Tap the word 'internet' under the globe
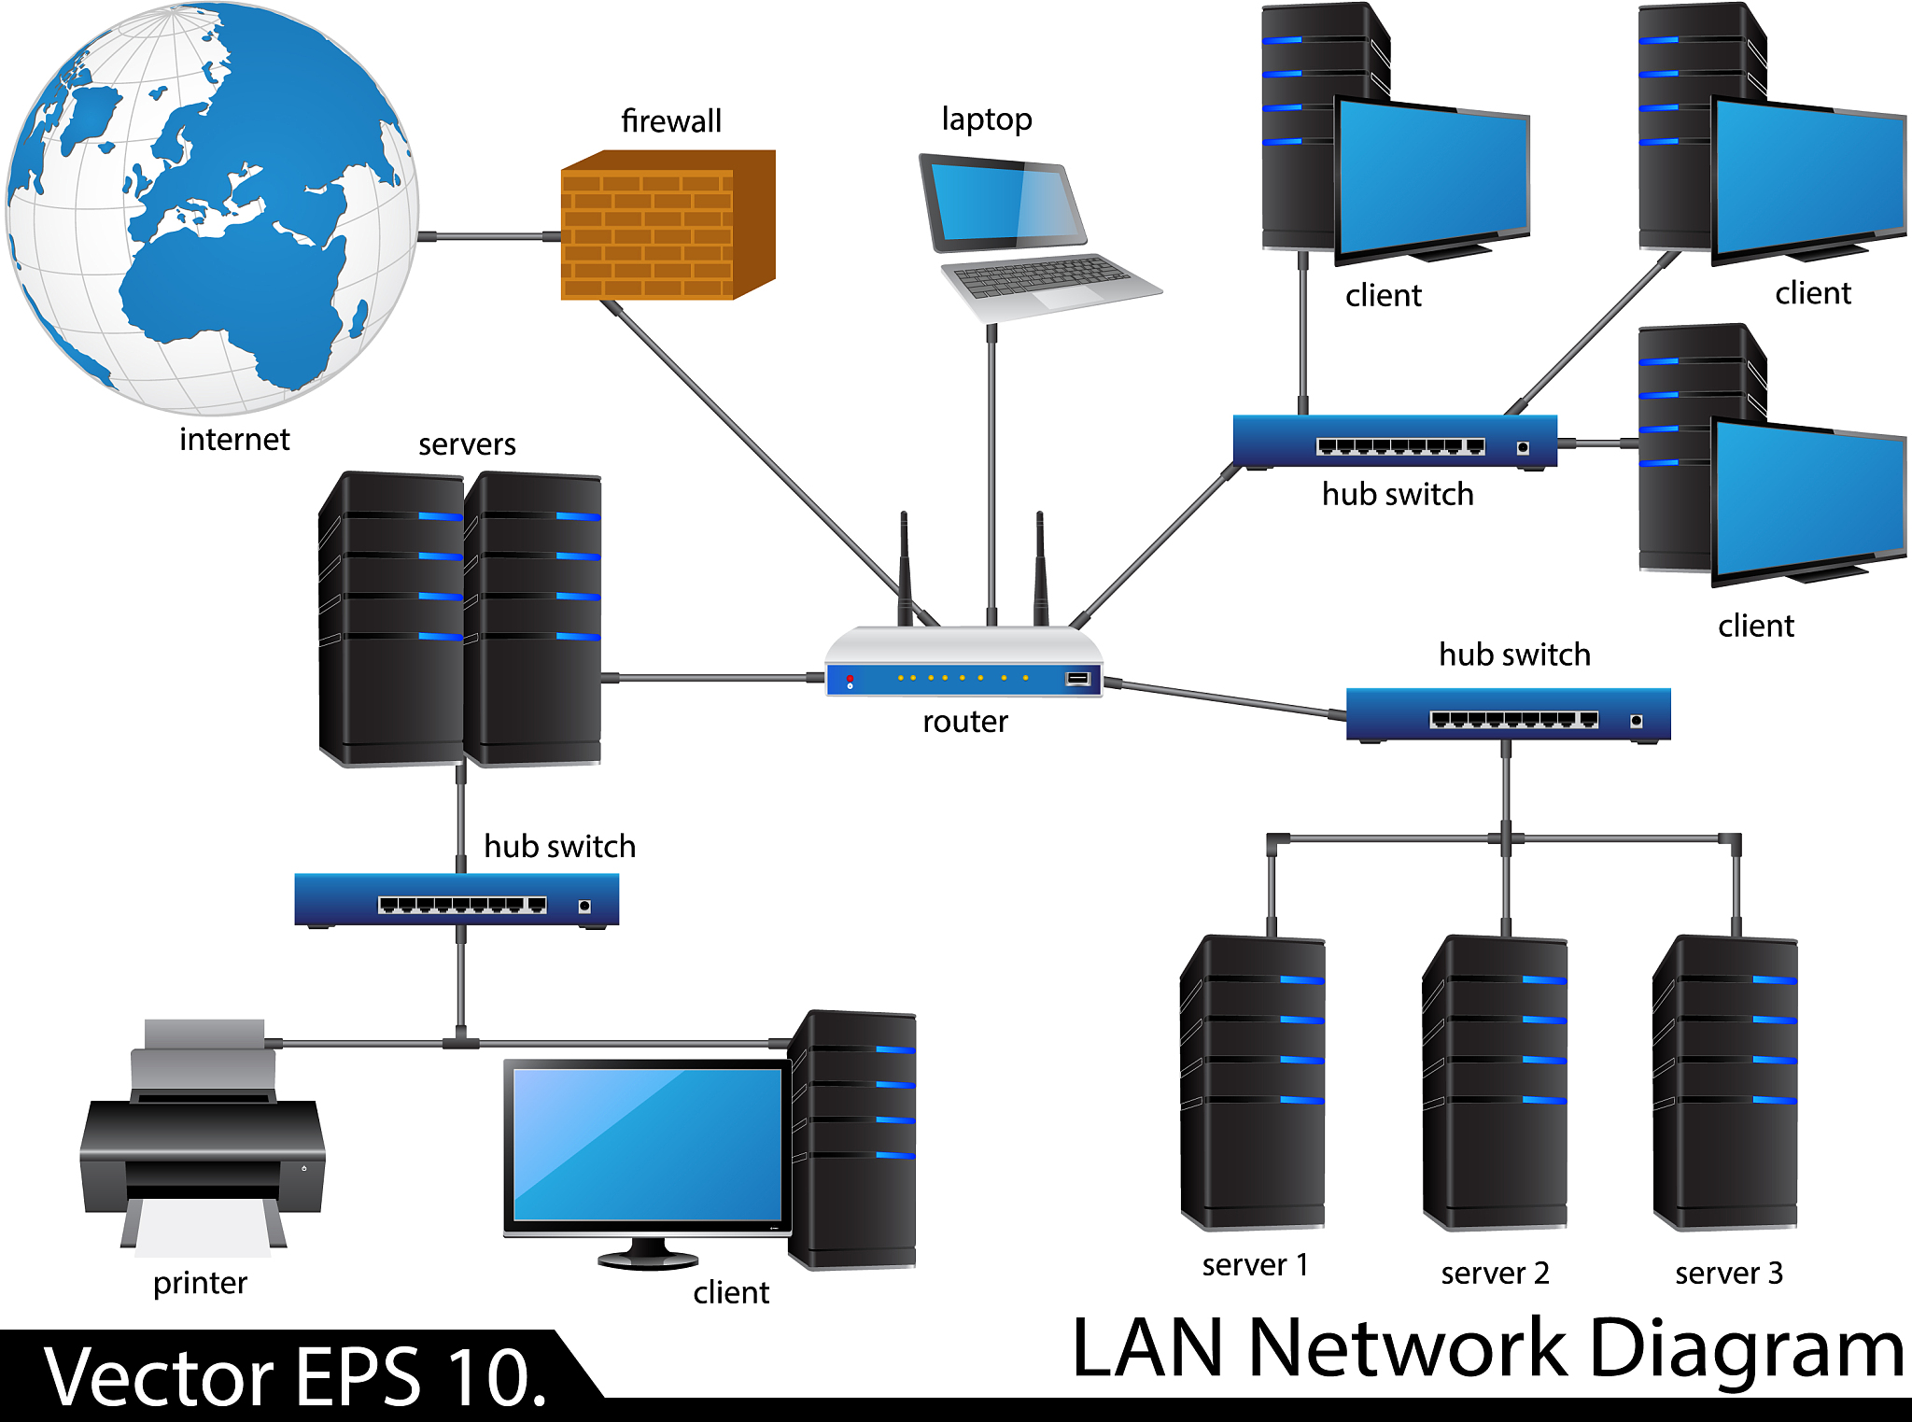[234, 439]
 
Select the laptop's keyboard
[1046, 276]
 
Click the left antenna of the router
[904, 570]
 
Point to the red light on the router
[850, 678]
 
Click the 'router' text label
[964, 722]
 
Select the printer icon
[203, 1139]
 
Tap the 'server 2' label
[1494, 1273]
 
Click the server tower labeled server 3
[1725, 1083]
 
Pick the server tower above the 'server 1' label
[1253, 1083]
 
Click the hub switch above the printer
[457, 899]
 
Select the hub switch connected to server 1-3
[1508, 714]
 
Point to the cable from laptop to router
[991, 467]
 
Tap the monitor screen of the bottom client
[647, 1144]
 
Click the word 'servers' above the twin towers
[467, 444]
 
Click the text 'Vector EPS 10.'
[294, 1377]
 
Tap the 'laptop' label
[986, 120]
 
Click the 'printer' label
[200, 1283]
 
